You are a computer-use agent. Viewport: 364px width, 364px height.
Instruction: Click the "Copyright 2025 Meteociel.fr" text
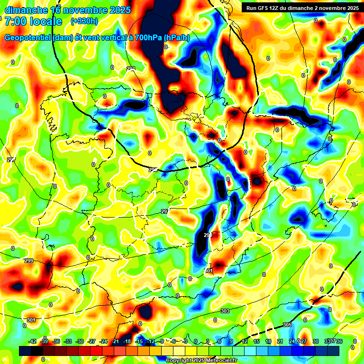(x=201, y=361)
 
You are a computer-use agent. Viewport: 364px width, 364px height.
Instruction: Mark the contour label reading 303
(x=226, y=311)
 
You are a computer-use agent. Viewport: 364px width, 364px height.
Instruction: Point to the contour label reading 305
(x=287, y=325)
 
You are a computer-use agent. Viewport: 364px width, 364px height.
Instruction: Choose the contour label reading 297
(x=164, y=211)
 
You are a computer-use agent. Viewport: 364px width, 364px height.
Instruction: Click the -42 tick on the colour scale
(x=33, y=341)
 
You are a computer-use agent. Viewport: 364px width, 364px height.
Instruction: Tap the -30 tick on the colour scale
(x=80, y=341)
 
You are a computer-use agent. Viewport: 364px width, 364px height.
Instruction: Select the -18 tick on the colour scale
(x=127, y=341)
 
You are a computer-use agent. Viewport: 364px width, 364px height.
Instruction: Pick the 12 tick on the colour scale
(x=245, y=341)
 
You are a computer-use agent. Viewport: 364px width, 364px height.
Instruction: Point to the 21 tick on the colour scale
(x=280, y=341)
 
